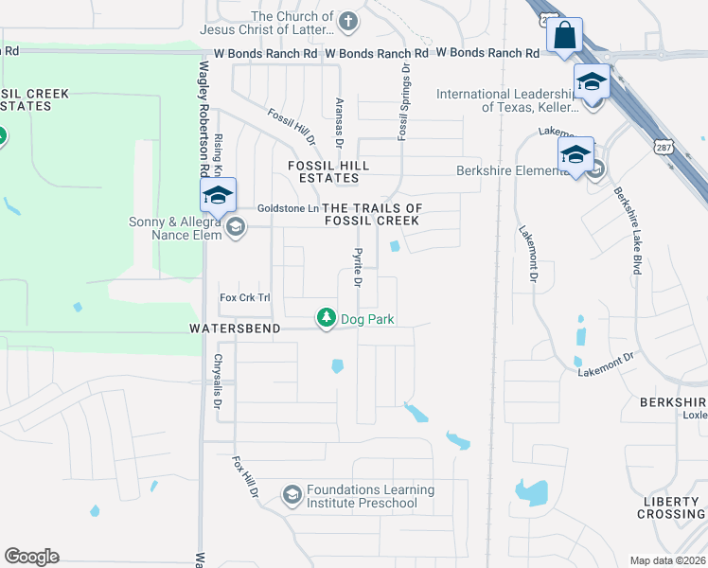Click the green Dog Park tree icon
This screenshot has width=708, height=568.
tap(327, 317)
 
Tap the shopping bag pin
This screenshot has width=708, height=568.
tap(564, 36)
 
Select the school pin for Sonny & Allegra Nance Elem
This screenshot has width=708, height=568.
tap(218, 196)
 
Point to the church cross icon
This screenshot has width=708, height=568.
tap(349, 21)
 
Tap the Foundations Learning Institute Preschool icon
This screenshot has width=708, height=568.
tap(292, 495)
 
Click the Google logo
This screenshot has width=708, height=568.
tap(31, 557)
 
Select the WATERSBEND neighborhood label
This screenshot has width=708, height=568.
tap(234, 328)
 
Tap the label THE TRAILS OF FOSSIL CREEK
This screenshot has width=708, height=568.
tap(372, 214)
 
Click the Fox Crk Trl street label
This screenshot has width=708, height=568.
tap(245, 297)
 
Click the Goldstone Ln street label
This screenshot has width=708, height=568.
tap(287, 208)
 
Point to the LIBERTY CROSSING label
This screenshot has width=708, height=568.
tap(669, 506)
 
